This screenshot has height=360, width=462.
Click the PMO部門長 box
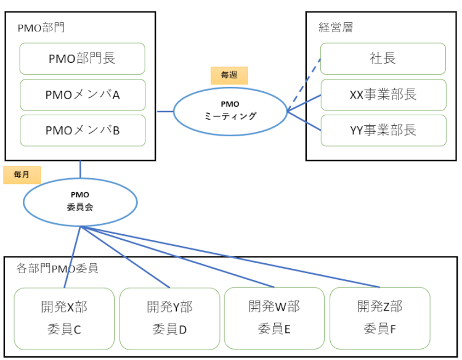[83, 59]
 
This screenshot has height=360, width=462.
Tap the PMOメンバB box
[83, 130]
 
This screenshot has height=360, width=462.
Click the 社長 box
[383, 59]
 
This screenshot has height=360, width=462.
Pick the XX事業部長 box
[383, 94]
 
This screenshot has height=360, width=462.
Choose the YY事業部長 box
[383, 130]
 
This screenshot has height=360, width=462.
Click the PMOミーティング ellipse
[230, 110]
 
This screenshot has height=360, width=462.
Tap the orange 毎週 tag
[229, 75]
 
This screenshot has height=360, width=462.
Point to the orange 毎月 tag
[22, 175]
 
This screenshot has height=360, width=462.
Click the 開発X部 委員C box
[64, 318]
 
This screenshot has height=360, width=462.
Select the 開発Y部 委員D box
[169, 318]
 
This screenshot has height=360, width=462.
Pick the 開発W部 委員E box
[274, 318]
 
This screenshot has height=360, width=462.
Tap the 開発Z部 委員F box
[379, 318]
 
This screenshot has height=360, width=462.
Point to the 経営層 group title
[336, 27]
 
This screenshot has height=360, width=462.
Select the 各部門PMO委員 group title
[57, 268]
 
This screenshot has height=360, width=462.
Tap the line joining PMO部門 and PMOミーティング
[164, 112]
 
